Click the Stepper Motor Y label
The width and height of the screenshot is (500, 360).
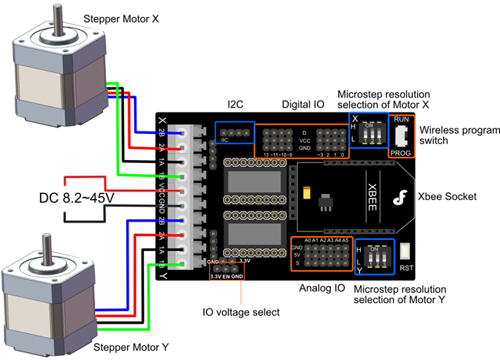[x=131, y=348]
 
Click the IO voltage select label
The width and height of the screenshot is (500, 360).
[x=235, y=314]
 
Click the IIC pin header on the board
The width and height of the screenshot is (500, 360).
[x=234, y=133]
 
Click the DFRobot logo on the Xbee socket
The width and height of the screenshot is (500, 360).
[x=398, y=199]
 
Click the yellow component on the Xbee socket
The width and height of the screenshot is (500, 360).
[x=308, y=193]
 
